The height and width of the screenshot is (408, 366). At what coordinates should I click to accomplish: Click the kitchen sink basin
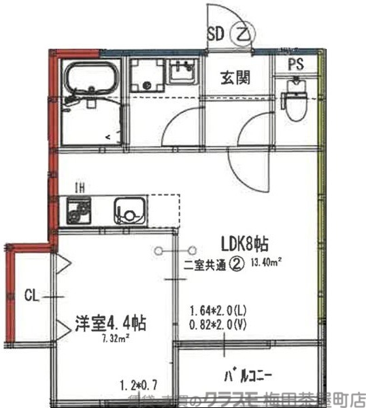coord(130,211)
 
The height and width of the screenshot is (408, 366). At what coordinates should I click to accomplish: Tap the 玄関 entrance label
coord(234,78)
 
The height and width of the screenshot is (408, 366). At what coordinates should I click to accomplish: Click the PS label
coord(295,65)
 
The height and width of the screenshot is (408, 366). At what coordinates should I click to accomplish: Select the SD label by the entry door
coord(216,33)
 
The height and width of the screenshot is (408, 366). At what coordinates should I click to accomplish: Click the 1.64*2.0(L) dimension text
coord(218,312)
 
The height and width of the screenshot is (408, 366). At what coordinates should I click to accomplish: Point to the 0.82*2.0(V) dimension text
coord(218,326)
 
